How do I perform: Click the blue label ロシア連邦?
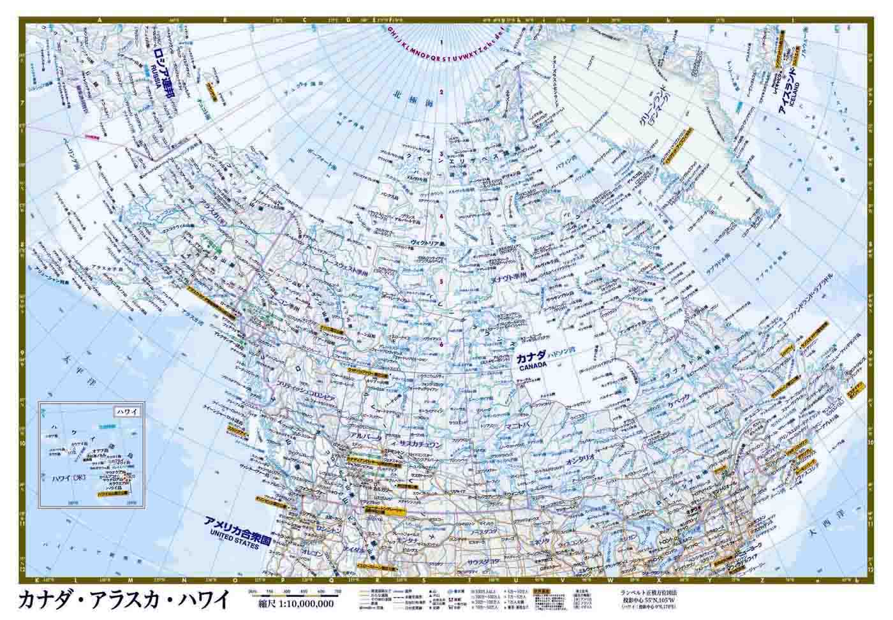point(162,71)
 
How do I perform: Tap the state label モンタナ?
point(408,540)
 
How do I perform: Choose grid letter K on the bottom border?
point(36,580)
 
